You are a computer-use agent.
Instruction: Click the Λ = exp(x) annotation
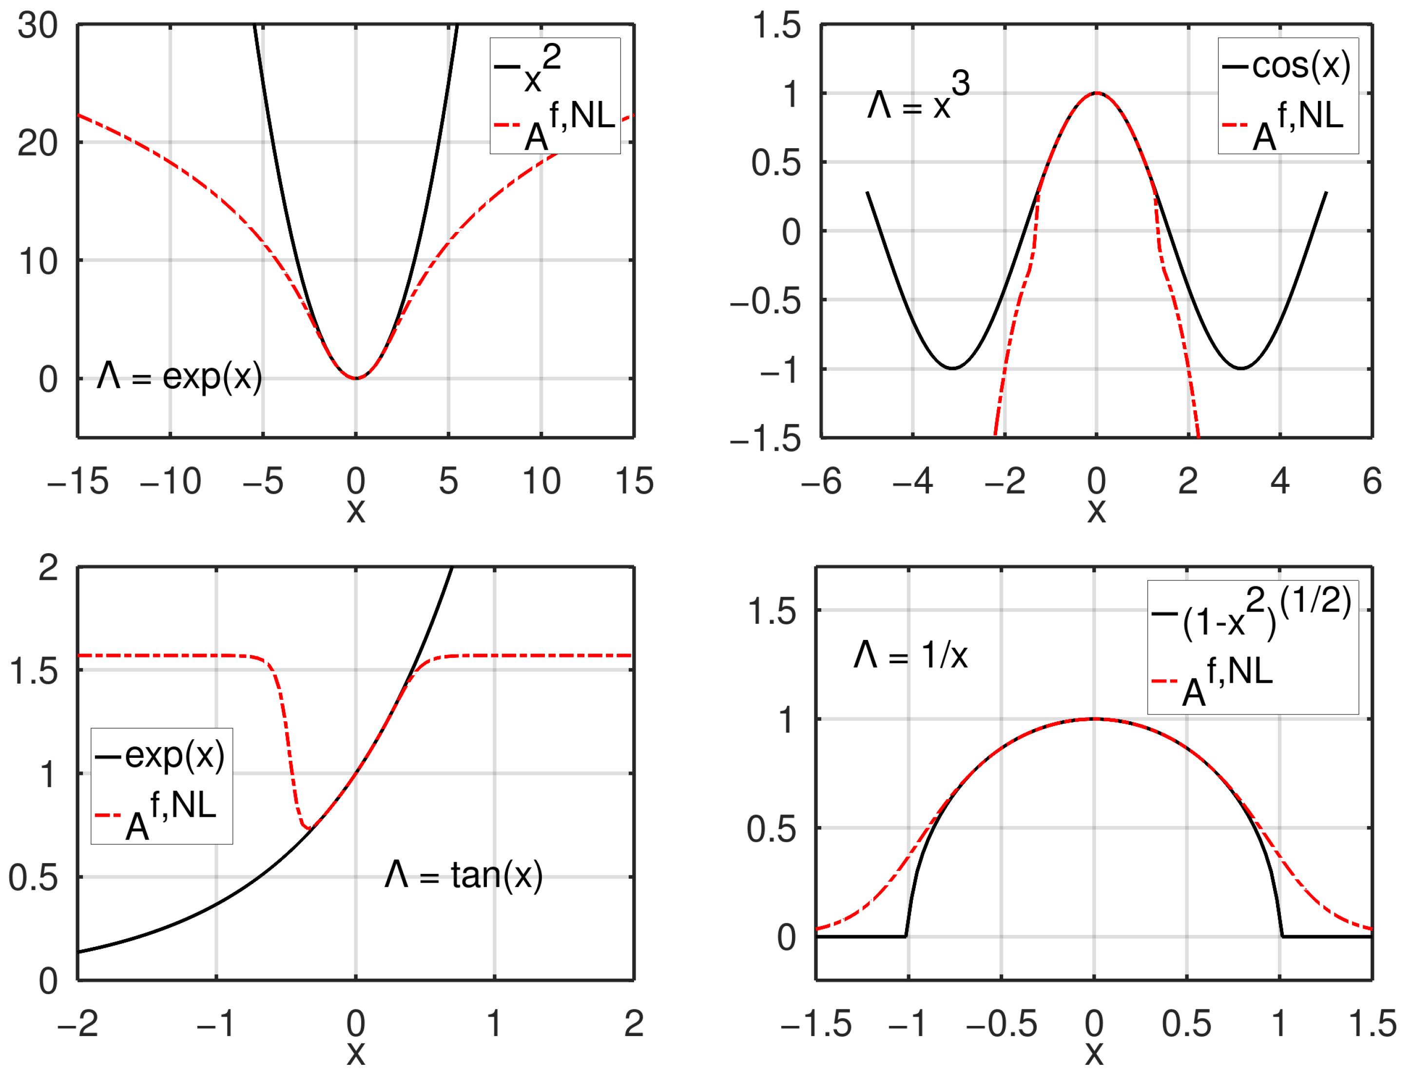coord(180,377)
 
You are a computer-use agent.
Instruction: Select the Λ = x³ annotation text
coord(918,99)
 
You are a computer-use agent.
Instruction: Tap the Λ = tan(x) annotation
coord(464,876)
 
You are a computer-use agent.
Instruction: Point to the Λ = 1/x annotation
coord(910,656)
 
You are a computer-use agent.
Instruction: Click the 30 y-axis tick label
coord(37,26)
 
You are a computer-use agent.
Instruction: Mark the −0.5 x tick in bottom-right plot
coord(1001,1023)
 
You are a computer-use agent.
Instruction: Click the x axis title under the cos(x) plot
coord(1096,511)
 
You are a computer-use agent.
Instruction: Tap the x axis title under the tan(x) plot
coord(355,1054)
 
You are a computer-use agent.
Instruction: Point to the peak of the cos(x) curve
coord(1097,93)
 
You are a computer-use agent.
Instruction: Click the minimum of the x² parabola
coord(355,378)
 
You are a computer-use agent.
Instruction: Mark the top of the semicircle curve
coord(1094,719)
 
